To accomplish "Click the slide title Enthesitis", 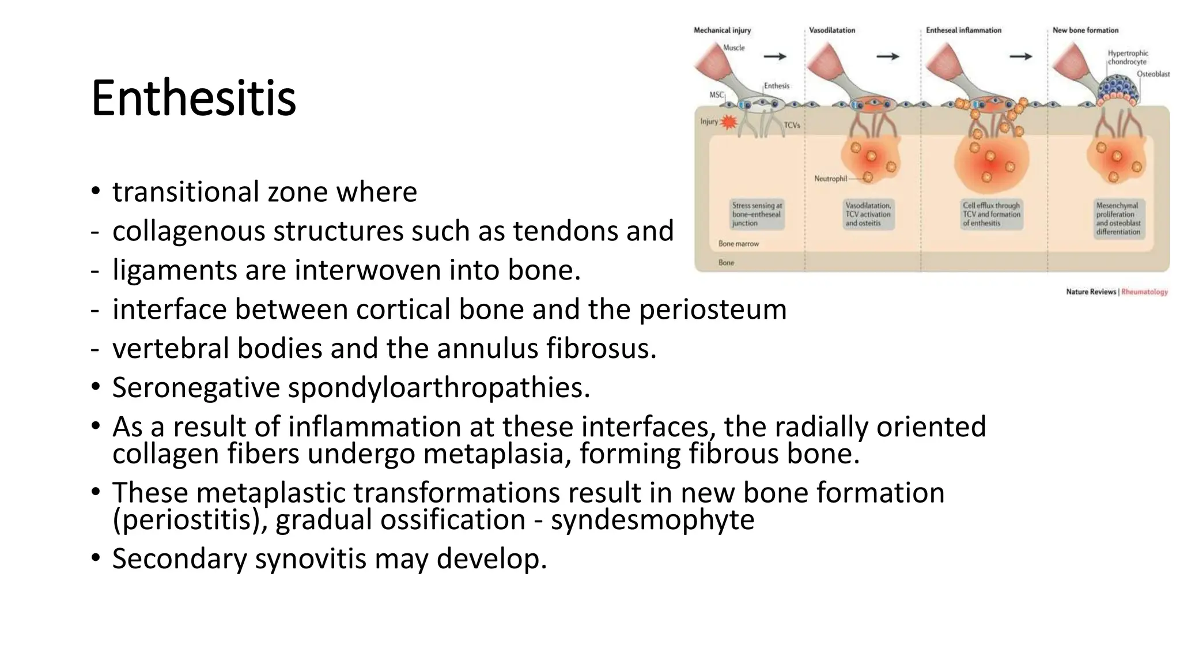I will [194, 98].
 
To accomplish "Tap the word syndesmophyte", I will [652, 520].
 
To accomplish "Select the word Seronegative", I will [196, 387].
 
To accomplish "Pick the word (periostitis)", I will [190, 520].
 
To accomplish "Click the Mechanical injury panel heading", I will [722, 30].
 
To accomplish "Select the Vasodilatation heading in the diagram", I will [831, 30].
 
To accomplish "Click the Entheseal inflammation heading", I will [963, 30].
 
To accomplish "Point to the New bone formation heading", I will [1085, 30].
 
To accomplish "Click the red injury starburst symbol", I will [729, 122].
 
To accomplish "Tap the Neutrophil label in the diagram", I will [830, 179].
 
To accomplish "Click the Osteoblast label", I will [1152, 74].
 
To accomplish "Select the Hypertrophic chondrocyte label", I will [1128, 57].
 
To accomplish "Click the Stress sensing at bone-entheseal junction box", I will [757, 214].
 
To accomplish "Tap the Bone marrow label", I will [738, 244].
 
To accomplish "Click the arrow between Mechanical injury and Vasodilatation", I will [774, 56].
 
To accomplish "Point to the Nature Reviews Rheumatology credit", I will [1116, 292].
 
